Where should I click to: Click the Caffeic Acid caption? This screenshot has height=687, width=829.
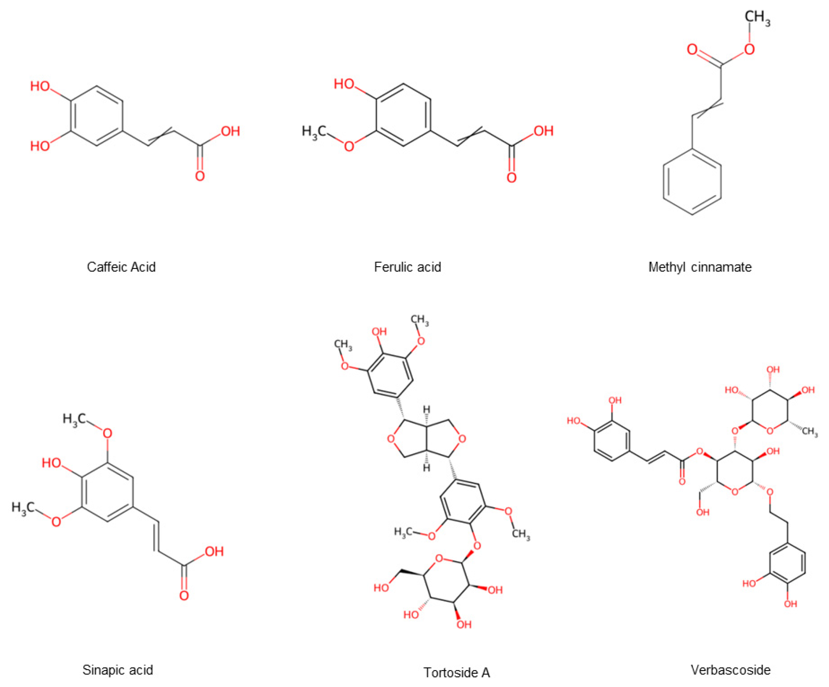121,267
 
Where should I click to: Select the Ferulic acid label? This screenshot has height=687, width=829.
407,267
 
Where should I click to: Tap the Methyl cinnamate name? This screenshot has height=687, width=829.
700,267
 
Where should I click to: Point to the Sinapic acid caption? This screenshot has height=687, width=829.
118,670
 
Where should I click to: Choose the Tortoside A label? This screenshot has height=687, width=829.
457,672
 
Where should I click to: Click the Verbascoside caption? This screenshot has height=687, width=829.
730,670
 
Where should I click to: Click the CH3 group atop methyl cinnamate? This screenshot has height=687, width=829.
757,18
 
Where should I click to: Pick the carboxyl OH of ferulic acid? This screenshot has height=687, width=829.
543,131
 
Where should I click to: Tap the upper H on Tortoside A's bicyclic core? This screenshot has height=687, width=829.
427,409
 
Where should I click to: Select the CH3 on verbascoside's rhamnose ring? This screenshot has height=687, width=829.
810,432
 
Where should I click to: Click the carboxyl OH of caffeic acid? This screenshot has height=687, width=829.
231,131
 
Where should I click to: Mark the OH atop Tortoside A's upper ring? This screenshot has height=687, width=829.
379,331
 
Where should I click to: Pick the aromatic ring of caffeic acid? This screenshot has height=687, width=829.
97,116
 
